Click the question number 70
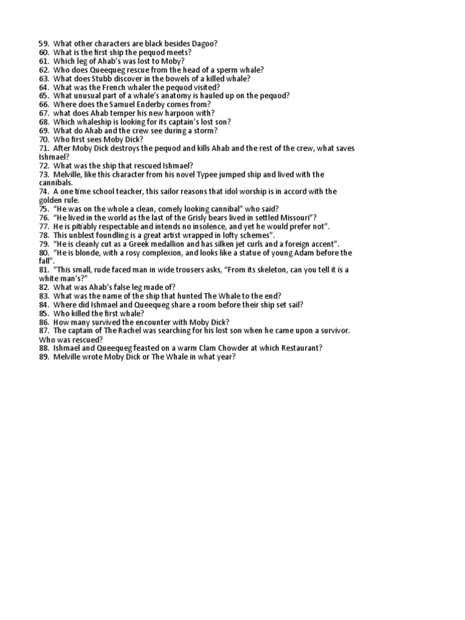(44, 139)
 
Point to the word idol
(241, 192)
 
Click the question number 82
(44, 287)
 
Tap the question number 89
(44, 357)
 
